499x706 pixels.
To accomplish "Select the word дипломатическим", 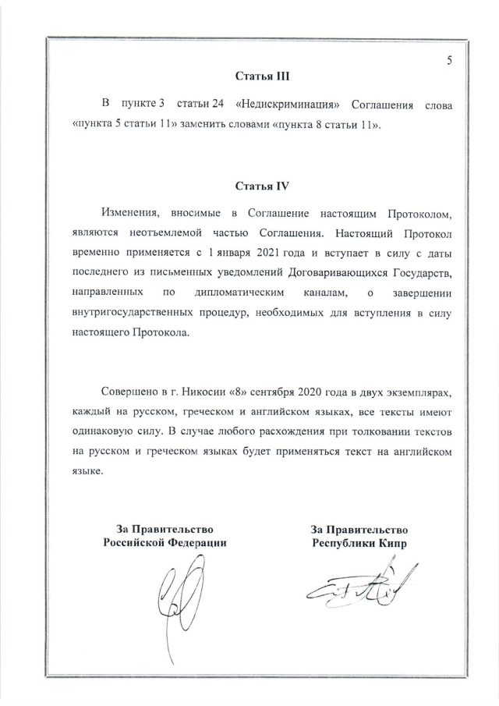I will pos(232,293).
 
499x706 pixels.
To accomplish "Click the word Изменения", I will pos(129,212).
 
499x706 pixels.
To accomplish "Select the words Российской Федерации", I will pos(165,543).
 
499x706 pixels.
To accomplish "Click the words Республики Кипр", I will pos(359,543).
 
